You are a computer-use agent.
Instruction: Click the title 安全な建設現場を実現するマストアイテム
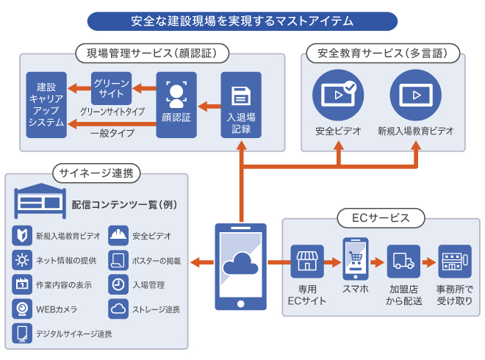242,20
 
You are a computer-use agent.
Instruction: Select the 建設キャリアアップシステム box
46,104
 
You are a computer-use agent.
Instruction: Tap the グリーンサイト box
112,89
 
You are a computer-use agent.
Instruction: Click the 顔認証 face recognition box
176,104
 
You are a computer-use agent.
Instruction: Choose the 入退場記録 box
240,104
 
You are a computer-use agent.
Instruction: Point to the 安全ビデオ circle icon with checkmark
338,94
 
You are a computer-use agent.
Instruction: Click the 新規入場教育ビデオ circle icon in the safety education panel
415,94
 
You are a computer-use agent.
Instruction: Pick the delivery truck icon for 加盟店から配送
403,262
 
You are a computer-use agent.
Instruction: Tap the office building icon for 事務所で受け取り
455,262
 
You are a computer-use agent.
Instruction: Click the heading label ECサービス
382,217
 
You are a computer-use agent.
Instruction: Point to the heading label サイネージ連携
96,173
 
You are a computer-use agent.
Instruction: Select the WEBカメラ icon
22,308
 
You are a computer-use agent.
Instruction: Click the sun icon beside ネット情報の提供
22,259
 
